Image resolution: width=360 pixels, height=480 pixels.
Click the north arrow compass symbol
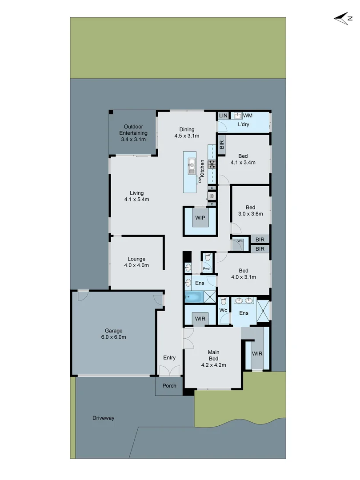[x=343, y=18]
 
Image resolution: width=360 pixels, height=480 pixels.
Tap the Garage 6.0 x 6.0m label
[x=114, y=334]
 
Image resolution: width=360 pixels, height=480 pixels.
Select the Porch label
[x=169, y=386]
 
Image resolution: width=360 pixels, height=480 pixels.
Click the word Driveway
[x=104, y=418]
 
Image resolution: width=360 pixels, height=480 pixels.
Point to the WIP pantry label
[x=200, y=218]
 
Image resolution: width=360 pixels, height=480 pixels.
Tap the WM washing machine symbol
[x=238, y=116]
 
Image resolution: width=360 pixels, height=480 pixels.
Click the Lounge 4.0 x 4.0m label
[x=136, y=262]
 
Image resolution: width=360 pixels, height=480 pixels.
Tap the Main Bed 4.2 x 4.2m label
[x=214, y=359]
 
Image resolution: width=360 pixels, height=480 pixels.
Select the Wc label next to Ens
[x=223, y=310]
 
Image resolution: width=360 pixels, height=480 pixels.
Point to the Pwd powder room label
[x=206, y=268]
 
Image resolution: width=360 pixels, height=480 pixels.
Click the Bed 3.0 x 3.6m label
[x=251, y=210]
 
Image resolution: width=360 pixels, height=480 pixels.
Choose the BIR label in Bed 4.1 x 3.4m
[x=222, y=145]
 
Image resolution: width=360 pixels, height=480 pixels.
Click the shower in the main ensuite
[x=263, y=310]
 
